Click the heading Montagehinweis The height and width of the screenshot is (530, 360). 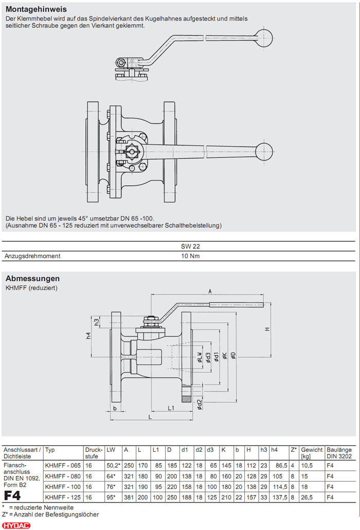[36, 9]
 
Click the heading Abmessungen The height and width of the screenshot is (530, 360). [32, 279]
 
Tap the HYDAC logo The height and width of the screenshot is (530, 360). [16, 524]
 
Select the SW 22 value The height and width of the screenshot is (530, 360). [191, 246]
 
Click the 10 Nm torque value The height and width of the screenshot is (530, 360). [191, 255]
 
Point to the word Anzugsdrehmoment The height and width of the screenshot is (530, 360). [32, 255]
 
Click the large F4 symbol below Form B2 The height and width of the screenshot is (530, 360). [12, 496]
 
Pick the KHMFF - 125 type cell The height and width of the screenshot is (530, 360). [63, 497]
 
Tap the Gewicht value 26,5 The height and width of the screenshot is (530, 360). [307, 497]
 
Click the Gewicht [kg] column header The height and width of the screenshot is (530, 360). [312, 452]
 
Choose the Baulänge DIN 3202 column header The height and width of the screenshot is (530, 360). [340, 452]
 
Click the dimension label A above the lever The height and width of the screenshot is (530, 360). [210, 290]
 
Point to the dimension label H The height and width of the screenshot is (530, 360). [267, 329]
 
